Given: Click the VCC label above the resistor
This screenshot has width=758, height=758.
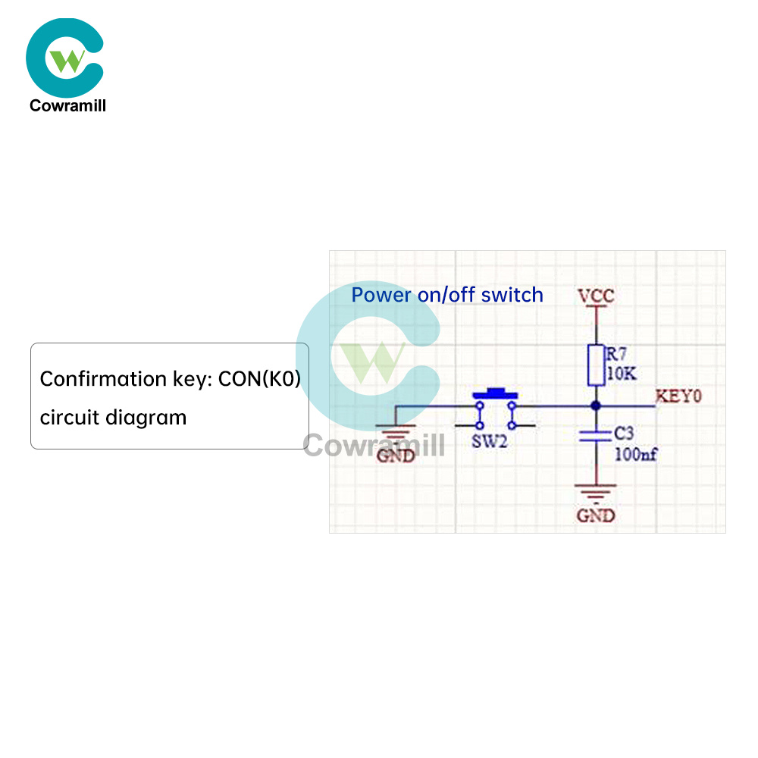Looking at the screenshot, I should coord(596,296).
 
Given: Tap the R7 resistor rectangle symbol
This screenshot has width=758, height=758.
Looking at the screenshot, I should coord(596,365).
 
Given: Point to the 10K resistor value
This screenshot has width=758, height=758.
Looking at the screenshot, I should coord(622,374).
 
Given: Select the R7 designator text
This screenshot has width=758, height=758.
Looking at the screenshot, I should coord(616,352).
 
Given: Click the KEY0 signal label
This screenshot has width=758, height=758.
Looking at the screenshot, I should coord(678,396).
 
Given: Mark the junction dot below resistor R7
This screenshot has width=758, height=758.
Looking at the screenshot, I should coord(596,406).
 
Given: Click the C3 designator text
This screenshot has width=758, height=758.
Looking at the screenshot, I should coord(623,434).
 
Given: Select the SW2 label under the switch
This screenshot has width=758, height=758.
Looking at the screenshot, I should coord(488,441).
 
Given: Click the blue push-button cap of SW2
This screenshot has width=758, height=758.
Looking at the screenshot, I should coord(494,393).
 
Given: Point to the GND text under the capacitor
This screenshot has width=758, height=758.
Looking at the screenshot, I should coord(596,516).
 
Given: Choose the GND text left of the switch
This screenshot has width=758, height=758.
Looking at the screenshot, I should coord(396,456).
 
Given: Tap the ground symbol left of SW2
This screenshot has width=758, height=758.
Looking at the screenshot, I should coord(396,436).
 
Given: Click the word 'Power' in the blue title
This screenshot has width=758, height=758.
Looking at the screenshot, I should coord(382,295).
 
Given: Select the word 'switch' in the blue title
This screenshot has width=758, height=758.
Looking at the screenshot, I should coord(512,295).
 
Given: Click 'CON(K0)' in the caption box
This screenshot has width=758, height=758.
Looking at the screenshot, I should coord(259,379).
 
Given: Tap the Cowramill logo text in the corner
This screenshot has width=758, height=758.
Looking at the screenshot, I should coord(67,106).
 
